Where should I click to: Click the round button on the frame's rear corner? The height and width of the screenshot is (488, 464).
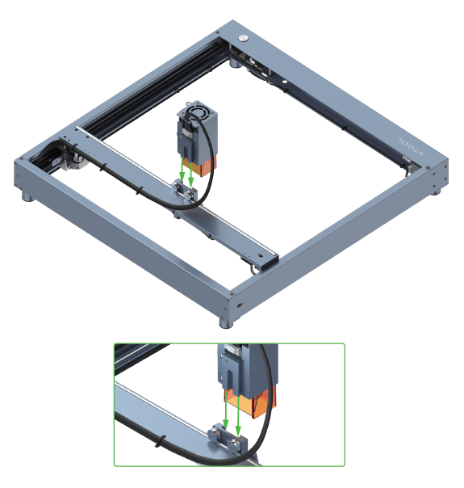[x=243, y=37]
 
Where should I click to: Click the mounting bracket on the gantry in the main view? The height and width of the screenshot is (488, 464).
[x=183, y=193]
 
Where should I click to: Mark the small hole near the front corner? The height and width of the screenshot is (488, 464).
[x=240, y=305]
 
